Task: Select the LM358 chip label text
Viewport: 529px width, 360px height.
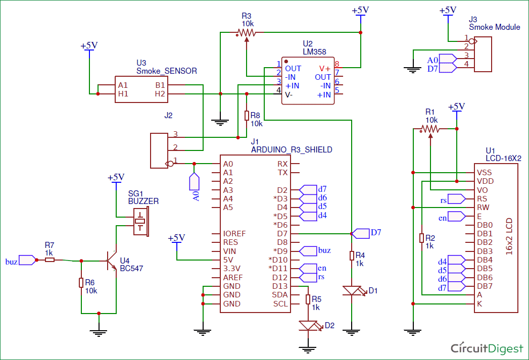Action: (x=314, y=52)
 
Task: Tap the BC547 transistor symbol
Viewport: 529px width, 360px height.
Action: (x=112, y=261)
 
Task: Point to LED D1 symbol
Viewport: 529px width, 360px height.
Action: (x=352, y=291)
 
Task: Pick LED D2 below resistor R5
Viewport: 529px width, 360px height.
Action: (x=308, y=326)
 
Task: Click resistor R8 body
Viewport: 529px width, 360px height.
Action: (x=247, y=116)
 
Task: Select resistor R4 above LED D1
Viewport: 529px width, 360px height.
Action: (x=352, y=255)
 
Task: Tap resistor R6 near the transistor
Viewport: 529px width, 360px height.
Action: (x=81, y=282)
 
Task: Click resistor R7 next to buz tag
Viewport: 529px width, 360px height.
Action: (x=50, y=260)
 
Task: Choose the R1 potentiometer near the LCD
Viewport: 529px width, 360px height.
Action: (x=430, y=129)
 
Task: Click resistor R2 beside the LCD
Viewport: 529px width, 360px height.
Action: (x=422, y=238)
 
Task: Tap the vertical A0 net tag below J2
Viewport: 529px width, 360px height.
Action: (x=195, y=188)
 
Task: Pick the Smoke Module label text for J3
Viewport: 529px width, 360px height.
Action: (x=494, y=27)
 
